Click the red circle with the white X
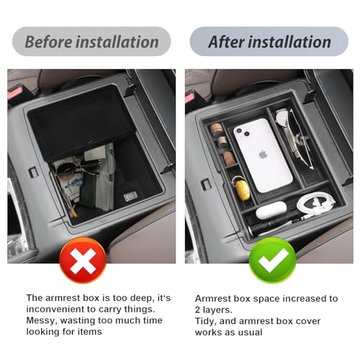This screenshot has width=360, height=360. click(x=83, y=261)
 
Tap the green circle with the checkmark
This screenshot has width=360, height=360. click(x=272, y=261)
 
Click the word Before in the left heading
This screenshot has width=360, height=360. click(x=48, y=42)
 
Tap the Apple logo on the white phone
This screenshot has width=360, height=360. click(x=264, y=154)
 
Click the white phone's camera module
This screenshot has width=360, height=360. click(x=241, y=132)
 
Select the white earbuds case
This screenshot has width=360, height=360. click(x=271, y=210)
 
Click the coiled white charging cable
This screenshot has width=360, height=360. click(x=315, y=203)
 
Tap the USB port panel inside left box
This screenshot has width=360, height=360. click(x=131, y=197)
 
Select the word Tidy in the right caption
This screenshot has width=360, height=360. click(x=205, y=321)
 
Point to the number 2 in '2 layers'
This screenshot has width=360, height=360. click(x=197, y=310)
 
